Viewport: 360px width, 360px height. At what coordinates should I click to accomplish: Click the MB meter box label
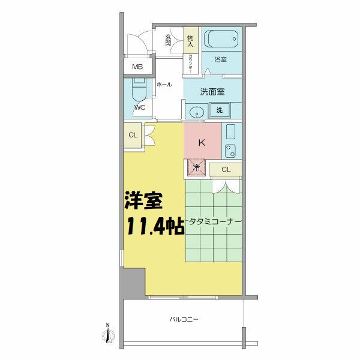(x=137, y=67)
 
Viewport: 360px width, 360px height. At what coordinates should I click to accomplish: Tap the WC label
(x=139, y=108)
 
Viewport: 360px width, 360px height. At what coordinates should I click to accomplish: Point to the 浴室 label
(x=221, y=59)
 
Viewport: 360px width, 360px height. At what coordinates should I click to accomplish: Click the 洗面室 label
(x=212, y=92)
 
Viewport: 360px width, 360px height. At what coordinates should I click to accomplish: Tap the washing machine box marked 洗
(x=220, y=110)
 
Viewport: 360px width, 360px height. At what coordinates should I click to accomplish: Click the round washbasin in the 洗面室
(x=196, y=112)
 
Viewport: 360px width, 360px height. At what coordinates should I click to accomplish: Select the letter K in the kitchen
(x=202, y=143)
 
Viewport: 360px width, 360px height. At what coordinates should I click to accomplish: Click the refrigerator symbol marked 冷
(x=196, y=168)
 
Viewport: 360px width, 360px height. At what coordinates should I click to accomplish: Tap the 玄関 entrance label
(x=169, y=40)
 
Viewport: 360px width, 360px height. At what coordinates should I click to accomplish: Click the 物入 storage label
(x=190, y=40)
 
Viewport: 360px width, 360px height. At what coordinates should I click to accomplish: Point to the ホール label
(x=164, y=85)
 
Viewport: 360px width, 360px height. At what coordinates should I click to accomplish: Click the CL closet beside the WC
(x=133, y=135)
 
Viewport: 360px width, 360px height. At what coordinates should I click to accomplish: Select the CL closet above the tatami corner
(x=226, y=169)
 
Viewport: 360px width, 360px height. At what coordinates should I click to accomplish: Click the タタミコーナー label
(x=215, y=222)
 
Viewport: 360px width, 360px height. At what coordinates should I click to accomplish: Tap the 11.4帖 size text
(x=154, y=227)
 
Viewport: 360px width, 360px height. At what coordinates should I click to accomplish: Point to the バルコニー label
(x=184, y=320)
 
